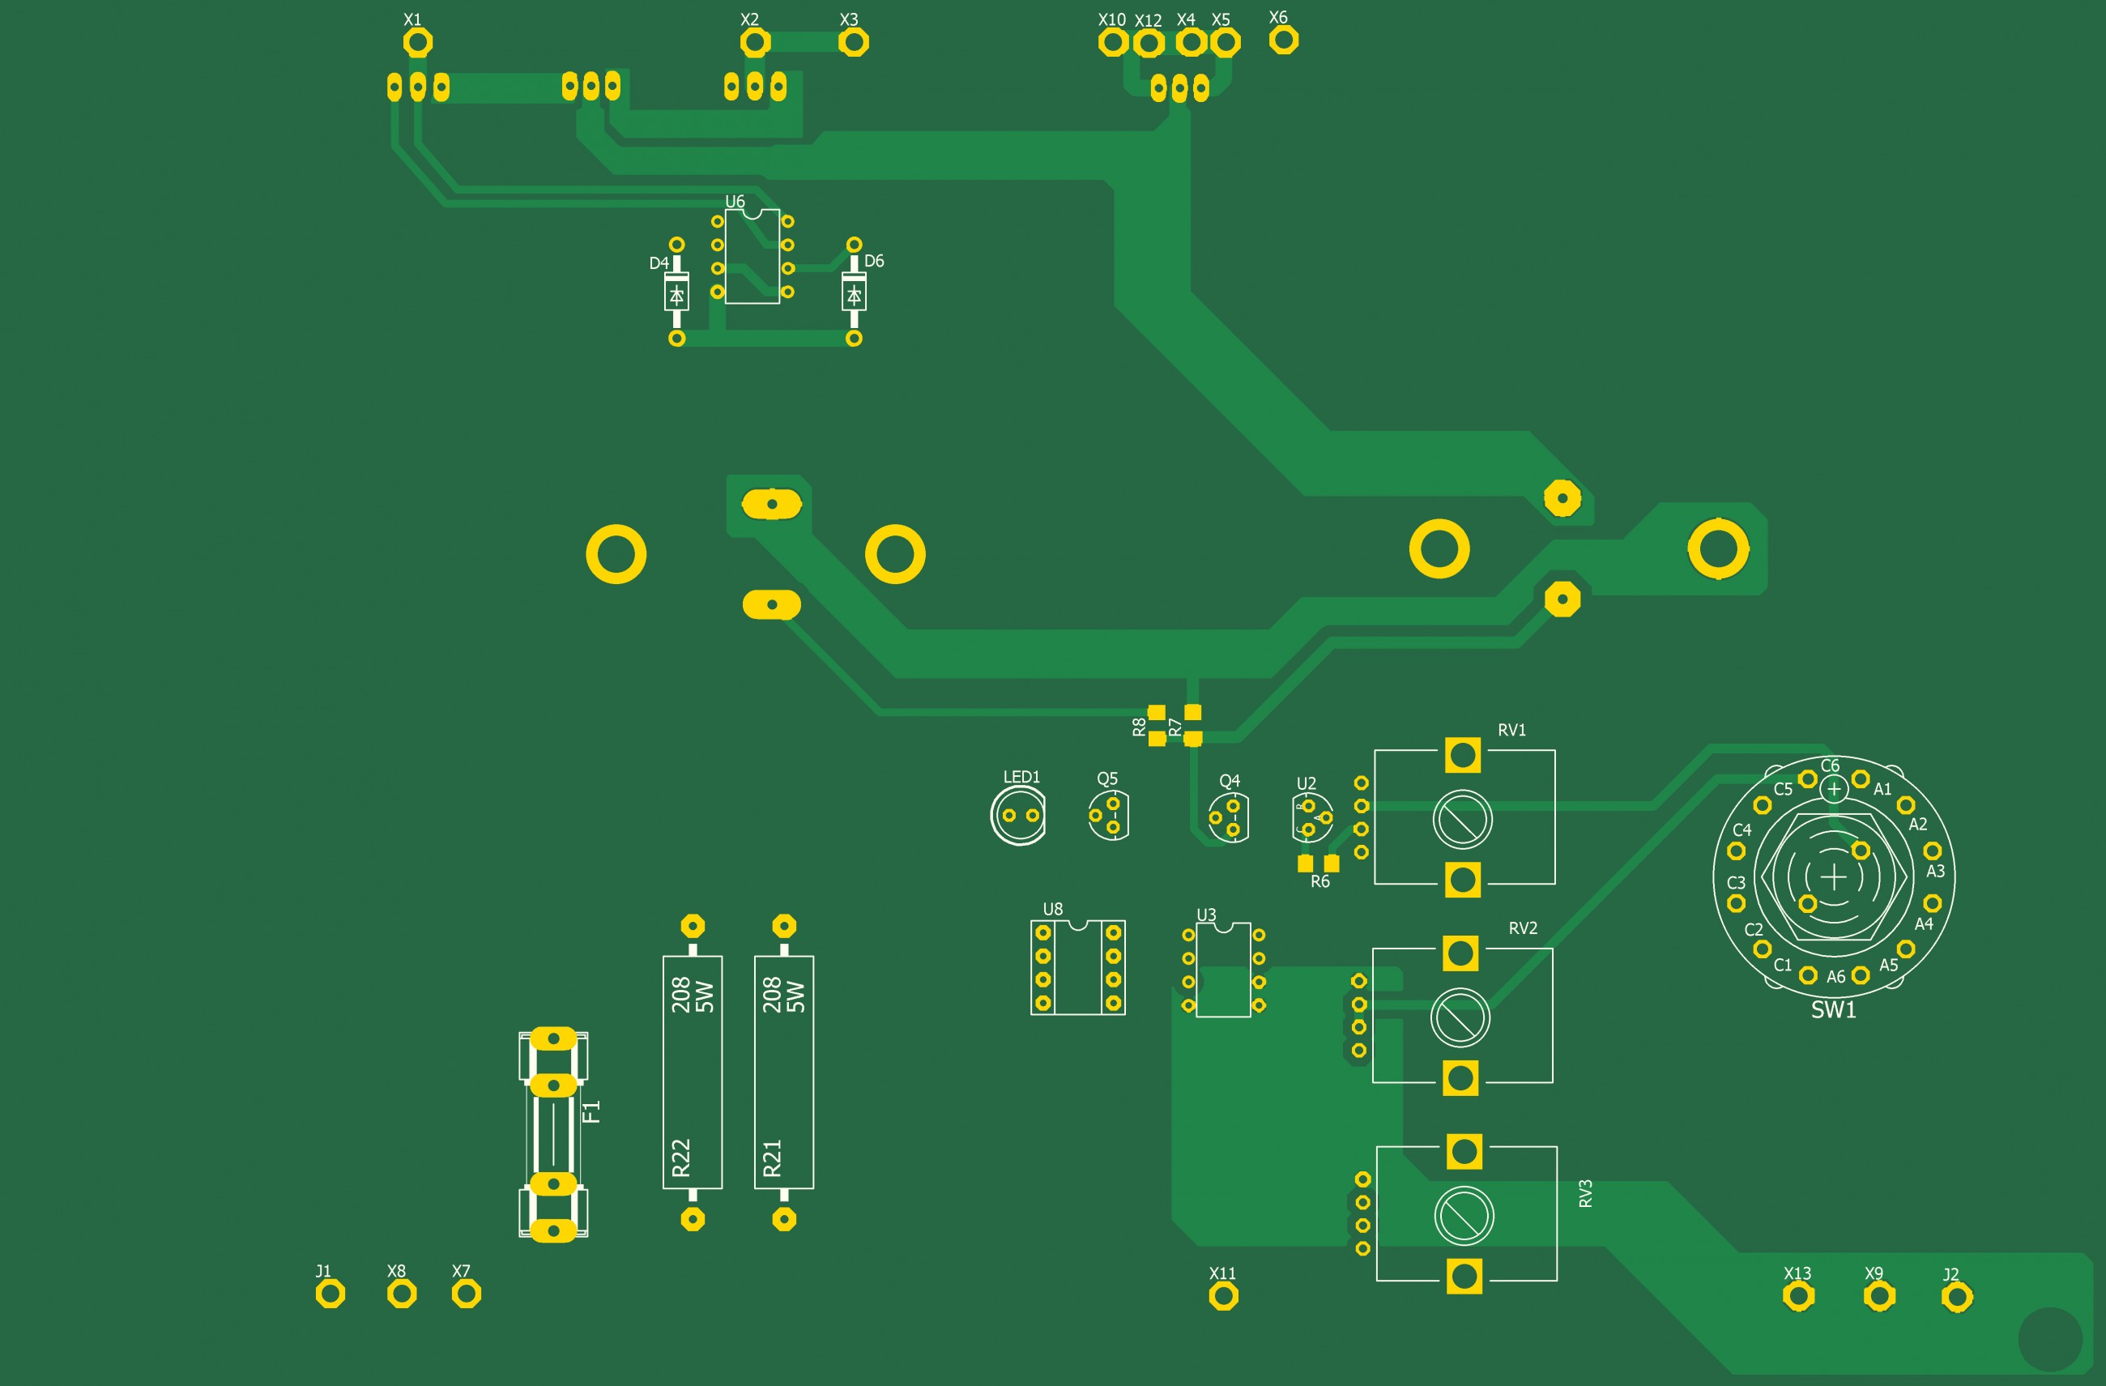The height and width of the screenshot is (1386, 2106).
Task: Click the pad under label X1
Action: pos(418,41)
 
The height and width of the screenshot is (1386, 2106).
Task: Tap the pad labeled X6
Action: pos(1283,39)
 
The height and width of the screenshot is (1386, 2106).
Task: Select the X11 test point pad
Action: pos(1223,1296)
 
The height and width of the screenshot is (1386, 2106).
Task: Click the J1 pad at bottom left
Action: pos(330,1294)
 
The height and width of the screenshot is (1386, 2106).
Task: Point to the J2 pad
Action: pos(1956,1298)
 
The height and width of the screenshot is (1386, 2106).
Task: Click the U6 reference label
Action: pos(735,202)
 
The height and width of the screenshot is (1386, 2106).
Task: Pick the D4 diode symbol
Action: pos(676,294)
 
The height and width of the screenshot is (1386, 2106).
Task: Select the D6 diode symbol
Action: pos(853,294)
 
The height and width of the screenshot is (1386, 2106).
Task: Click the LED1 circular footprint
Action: pos(1018,815)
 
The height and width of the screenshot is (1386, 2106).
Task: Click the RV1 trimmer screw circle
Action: pos(1462,819)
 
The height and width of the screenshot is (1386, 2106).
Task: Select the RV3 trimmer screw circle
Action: pos(1464,1215)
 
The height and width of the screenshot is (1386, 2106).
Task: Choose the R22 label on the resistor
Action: pos(680,1157)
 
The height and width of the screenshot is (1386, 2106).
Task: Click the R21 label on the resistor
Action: pos(772,1157)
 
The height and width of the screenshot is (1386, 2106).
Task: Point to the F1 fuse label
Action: pos(591,1111)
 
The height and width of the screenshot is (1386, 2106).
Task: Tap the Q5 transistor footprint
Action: pos(1108,815)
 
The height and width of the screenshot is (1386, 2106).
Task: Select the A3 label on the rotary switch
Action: pos(1935,871)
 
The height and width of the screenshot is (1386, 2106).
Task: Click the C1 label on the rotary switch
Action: pos(1782,965)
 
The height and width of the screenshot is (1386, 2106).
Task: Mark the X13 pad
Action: pos(1797,1297)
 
